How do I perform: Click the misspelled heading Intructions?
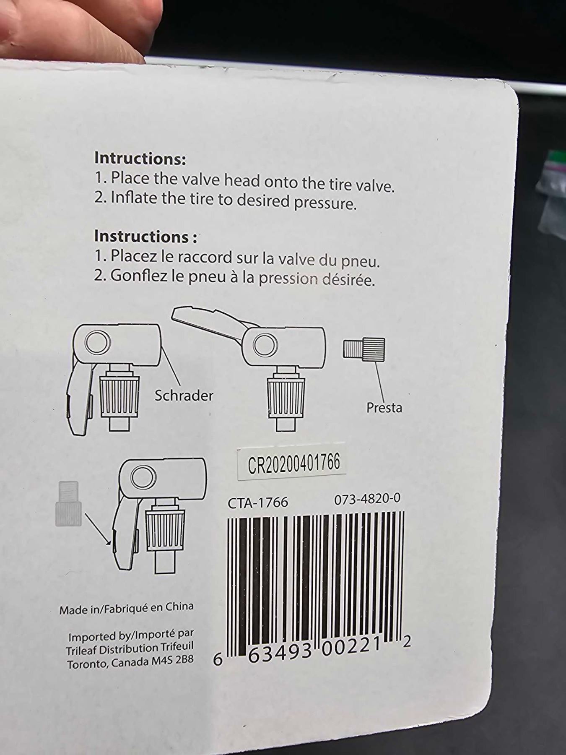(x=140, y=158)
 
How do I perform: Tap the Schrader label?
(x=184, y=395)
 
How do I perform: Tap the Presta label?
(x=384, y=407)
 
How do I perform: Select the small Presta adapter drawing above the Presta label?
(x=364, y=348)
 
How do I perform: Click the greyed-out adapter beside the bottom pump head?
(x=68, y=503)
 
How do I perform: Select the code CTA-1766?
(x=258, y=502)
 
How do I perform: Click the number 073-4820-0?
(x=367, y=499)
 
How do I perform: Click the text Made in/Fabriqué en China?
(x=126, y=608)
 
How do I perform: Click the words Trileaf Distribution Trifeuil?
(x=130, y=648)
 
